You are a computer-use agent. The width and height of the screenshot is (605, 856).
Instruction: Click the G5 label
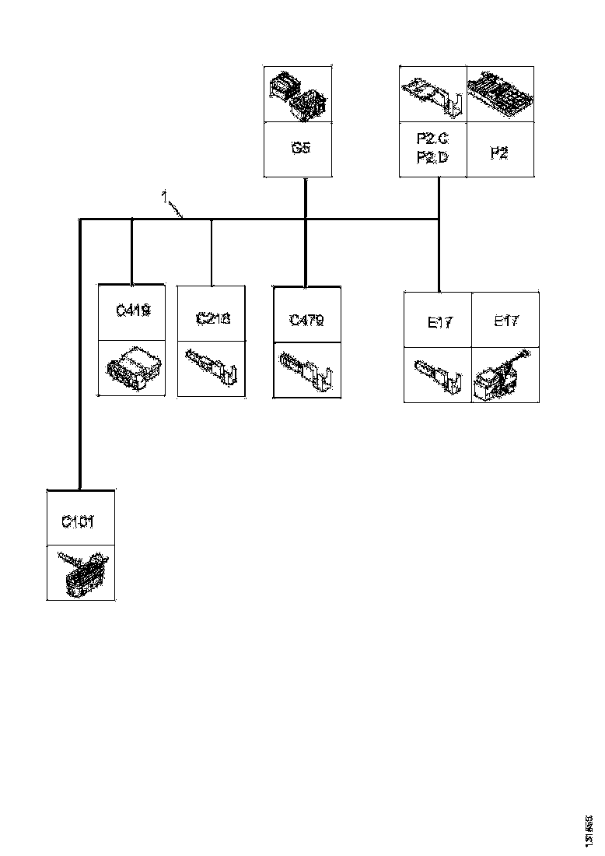pyautogui.click(x=301, y=148)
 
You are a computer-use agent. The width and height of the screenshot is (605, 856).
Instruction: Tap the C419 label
pyautogui.click(x=132, y=311)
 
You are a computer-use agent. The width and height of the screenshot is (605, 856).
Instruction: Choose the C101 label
pyautogui.click(x=79, y=521)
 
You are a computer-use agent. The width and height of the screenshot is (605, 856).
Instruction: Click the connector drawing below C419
pyautogui.click(x=132, y=367)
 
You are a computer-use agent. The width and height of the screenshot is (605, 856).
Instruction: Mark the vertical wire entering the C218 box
pyautogui.click(x=212, y=252)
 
